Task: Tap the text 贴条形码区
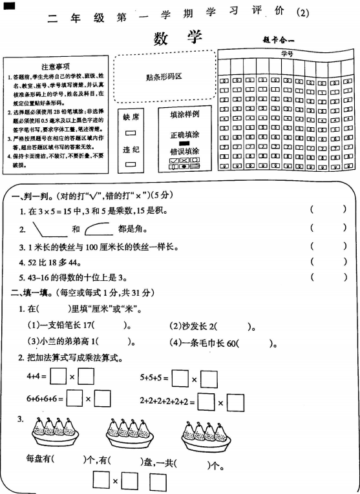164,77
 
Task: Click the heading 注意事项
55,67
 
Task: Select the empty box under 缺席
131,134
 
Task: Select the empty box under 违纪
131,165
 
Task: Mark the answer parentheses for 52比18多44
328,262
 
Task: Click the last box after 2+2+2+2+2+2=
235,403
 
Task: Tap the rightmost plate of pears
206,435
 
